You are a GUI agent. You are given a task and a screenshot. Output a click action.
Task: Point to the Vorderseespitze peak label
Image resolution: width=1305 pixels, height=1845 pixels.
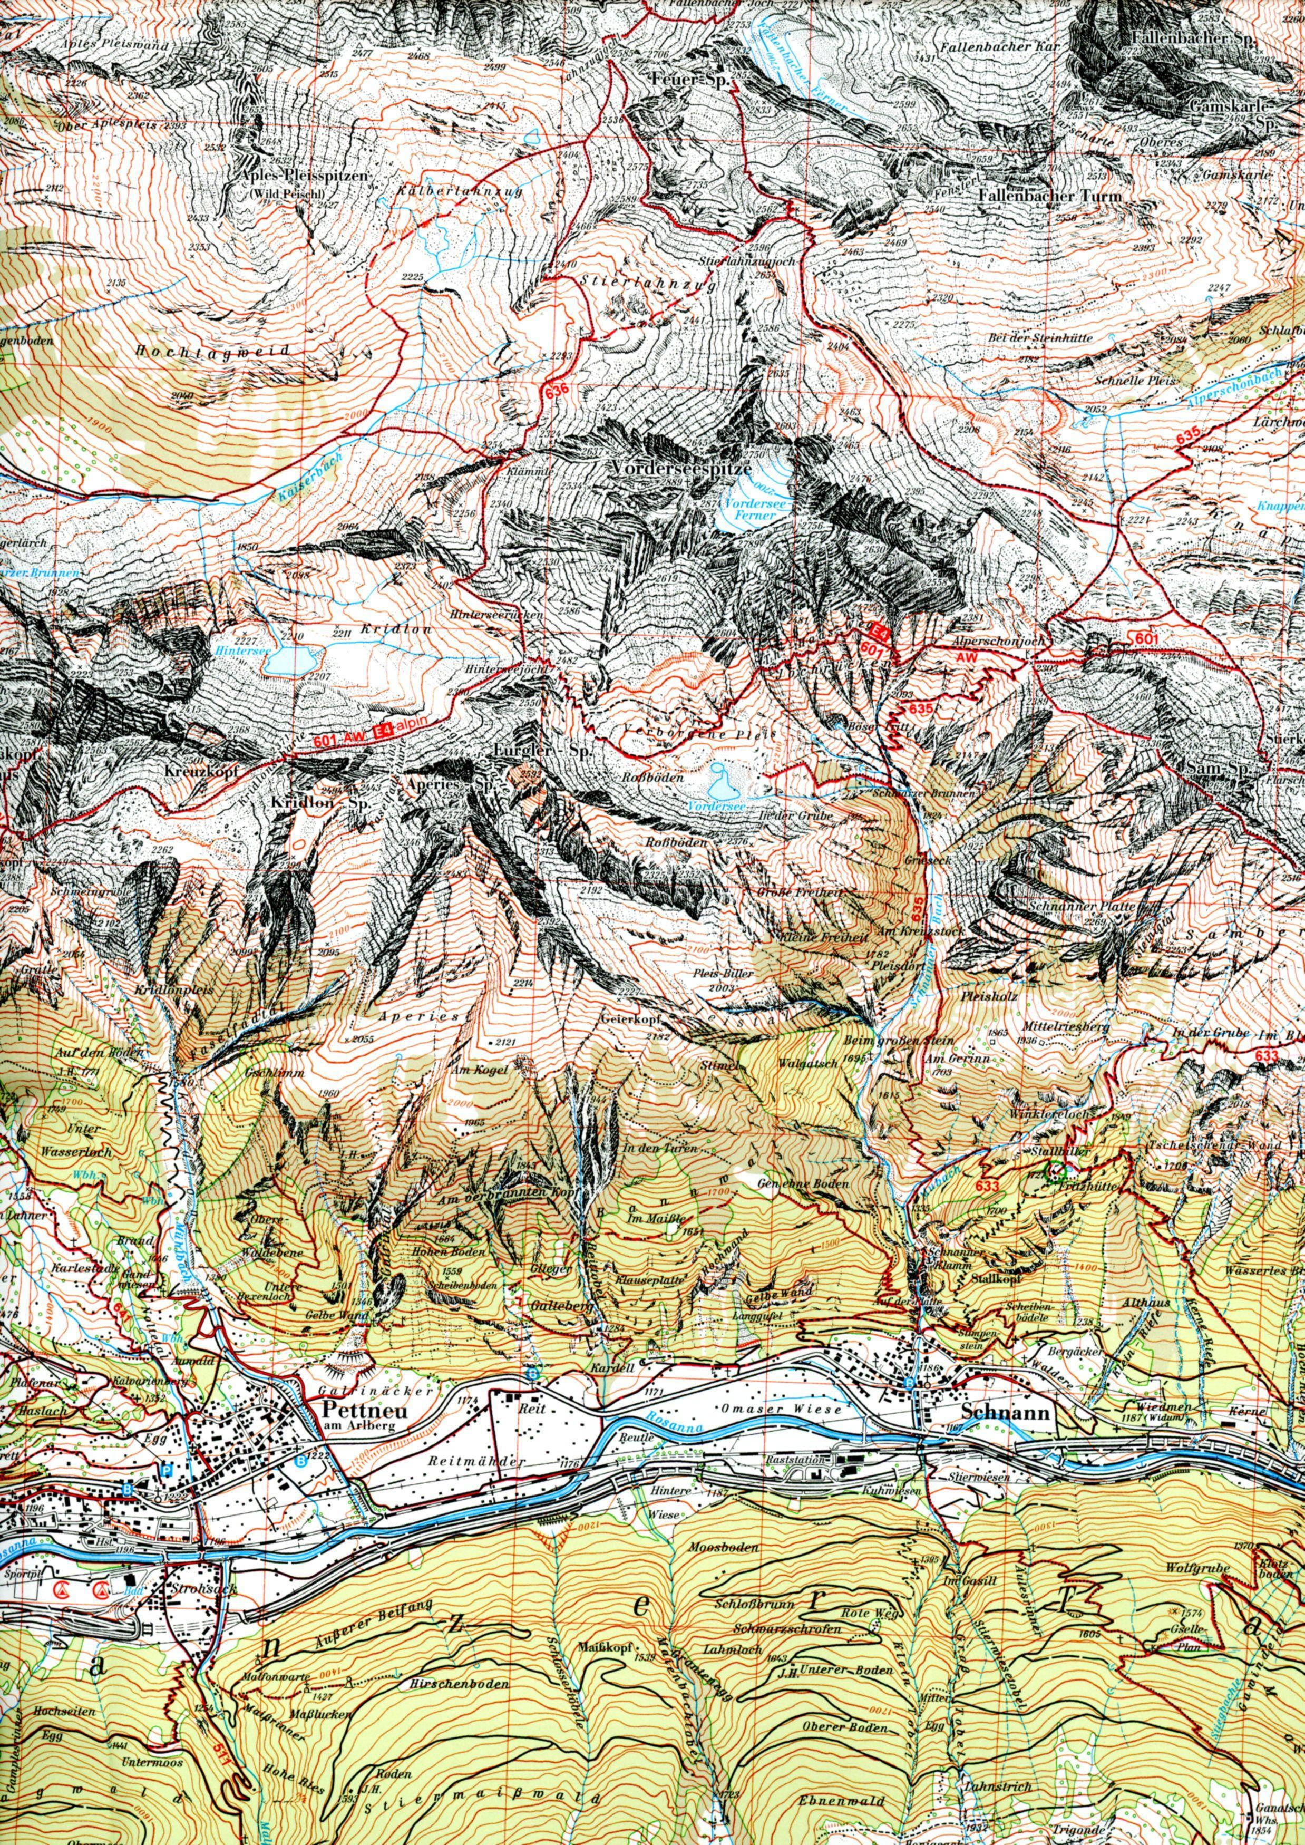pos(680,466)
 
